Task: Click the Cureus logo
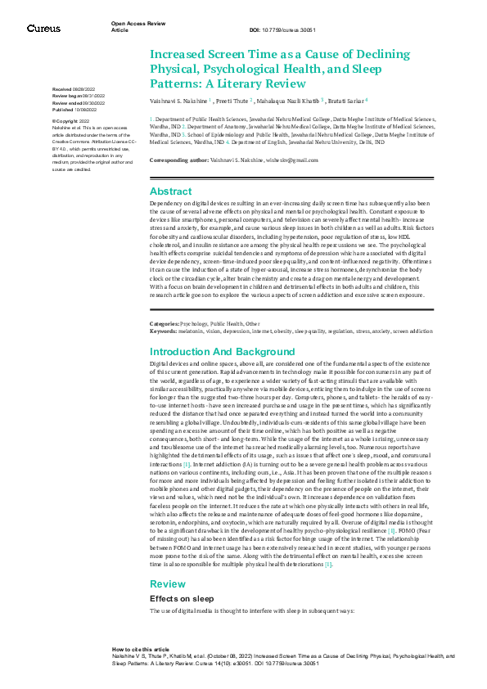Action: tap(43, 29)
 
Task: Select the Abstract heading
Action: tap(171, 190)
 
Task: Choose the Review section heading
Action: tap(167, 583)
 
